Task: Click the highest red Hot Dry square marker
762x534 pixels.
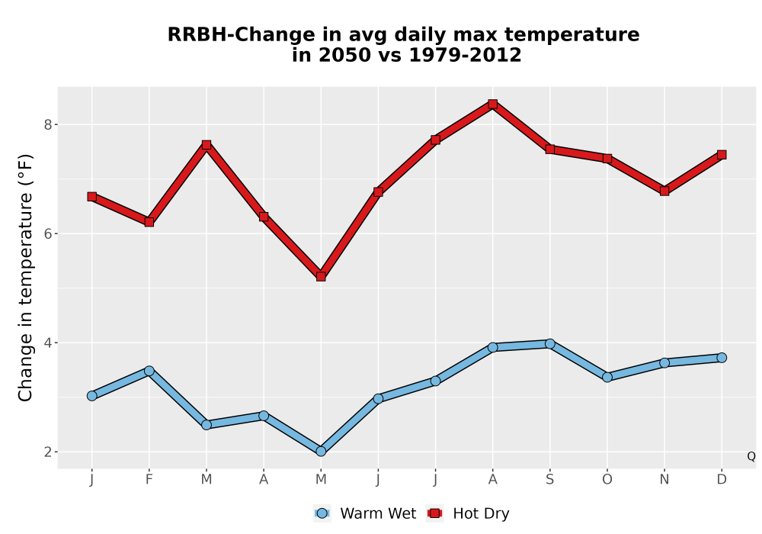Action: pos(493,104)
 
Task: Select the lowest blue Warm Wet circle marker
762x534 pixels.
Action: pos(321,452)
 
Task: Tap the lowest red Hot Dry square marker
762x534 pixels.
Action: pos(321,277)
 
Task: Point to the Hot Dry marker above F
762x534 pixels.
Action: pos(149,222)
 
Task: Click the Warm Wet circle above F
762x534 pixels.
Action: pos(149,371)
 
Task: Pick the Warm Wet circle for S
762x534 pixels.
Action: pos(550,344)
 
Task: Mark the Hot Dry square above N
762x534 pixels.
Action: pos(664,191)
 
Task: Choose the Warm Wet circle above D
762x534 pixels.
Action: pos(722,358)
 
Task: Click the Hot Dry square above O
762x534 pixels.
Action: pos(607,159)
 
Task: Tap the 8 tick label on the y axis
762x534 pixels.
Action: pos(47,124)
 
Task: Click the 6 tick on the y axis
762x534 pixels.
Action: pos(47,233)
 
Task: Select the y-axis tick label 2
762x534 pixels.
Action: pos(47,452)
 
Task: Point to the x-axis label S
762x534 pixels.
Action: pos(550,480)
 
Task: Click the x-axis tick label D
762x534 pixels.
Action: pos(722,480)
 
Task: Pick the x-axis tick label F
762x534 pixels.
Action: pos(149,480)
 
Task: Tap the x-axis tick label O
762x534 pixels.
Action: pos(607,480)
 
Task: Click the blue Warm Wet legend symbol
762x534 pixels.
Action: pos(322,513)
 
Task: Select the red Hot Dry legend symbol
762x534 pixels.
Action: pos(435,513)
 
